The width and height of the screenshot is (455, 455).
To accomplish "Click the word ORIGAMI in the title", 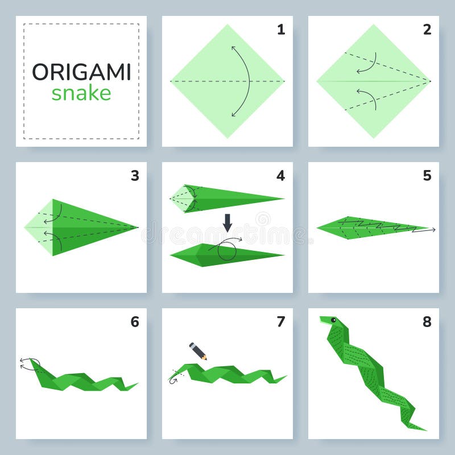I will click(81, 72).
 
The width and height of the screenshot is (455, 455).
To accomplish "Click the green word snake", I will click(81, 93).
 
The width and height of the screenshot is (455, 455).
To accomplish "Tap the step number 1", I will click(281, 30).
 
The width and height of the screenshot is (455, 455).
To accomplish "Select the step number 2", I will click(427, 30).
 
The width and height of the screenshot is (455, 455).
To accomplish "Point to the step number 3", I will click(135, 176).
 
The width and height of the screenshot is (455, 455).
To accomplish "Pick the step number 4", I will click(281, 176).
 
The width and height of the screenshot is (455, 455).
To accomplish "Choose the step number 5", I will click(427, 176).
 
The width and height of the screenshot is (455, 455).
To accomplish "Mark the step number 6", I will click(135, 322).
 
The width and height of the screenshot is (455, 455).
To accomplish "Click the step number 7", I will click(281, 322).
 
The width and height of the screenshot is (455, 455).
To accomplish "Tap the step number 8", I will click(427, 322).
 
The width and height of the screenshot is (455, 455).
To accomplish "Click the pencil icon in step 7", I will click(198, 351).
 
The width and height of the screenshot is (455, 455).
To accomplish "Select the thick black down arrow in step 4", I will click(227, 222).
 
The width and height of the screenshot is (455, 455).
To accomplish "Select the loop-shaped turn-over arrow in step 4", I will click(226, 249).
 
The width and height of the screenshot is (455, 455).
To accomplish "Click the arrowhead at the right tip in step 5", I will click(433, 230).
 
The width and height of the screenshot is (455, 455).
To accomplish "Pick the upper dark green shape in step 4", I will click(233, 198).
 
